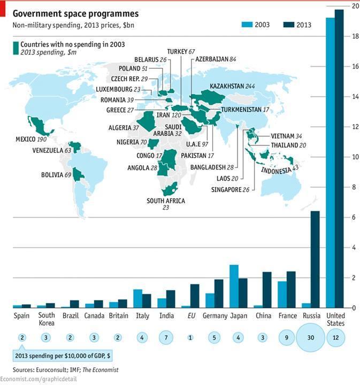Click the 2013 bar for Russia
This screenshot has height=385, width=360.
tap(315, 259)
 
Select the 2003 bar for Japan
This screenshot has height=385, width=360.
tap(234, 286)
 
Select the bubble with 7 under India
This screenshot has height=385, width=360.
tap(166, 338)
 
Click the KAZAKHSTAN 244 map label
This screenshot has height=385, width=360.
tap(232, 86)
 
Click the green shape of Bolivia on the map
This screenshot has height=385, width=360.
tap(78, 174)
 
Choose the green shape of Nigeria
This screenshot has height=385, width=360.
tap(154, 143)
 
